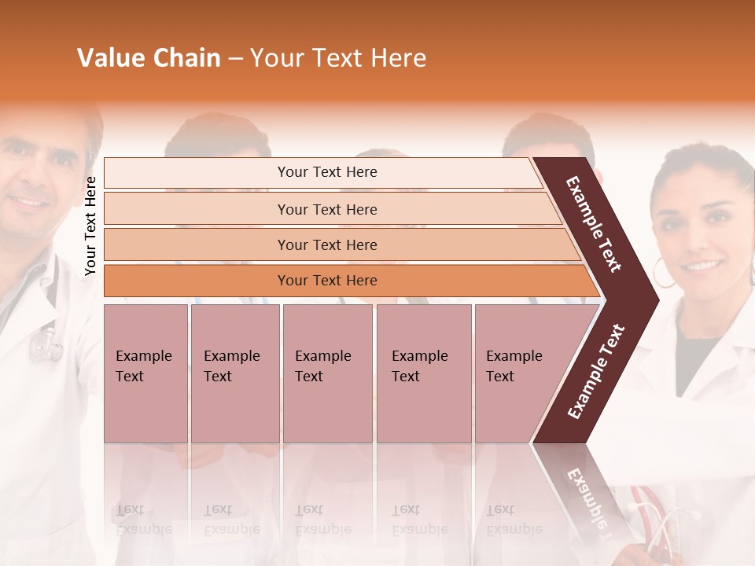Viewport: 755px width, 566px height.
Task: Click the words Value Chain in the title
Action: click(x=149, y=58)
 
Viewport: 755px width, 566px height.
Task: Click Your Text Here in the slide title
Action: click(x=338, y=58)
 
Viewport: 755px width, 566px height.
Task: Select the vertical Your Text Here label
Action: click(x=90, y=226)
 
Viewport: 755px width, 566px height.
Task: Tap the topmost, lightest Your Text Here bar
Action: click(x=326, y=172)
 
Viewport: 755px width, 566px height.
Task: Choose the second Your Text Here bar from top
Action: click(x=326, y=209)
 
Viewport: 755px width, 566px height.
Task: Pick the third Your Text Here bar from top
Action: click(x=326, y=244)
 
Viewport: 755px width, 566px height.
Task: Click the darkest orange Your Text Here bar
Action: click(x=326, y=281)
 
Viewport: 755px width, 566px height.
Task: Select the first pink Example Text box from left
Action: click(x=145, y=373)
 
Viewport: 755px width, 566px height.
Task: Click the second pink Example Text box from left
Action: click(x=234, y=373)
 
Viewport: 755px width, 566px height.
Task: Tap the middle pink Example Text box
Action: click(x=327, y=373)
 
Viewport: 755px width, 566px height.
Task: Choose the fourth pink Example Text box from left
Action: click(x=423, y=373)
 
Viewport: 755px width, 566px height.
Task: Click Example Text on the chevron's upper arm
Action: click(x=594, y=224)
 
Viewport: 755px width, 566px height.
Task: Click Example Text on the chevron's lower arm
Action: click(x=595, y=372)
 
